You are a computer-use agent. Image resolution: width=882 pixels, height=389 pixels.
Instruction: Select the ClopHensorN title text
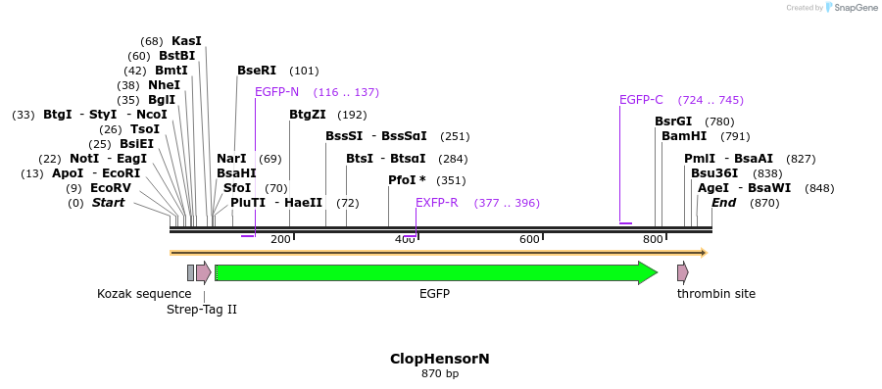click(440, 359)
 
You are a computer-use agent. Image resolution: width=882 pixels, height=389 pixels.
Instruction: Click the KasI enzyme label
click(186, 41)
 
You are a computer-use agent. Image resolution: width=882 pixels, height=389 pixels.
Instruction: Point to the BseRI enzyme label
click(257, 71)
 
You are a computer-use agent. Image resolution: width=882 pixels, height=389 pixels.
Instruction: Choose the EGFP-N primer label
click(276, 92)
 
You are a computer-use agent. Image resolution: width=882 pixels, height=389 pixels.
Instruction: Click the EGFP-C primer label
click(641, 100)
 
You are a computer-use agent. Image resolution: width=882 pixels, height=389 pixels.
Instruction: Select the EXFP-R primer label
click(436, 203)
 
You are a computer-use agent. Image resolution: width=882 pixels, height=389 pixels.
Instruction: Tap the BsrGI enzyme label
click(673, 122)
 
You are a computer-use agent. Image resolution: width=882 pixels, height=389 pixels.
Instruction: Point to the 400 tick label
click(404, 240)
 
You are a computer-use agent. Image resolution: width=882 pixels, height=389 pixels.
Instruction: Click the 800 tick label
click(653, 240)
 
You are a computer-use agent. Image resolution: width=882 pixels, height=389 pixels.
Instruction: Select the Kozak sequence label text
click(144, 294)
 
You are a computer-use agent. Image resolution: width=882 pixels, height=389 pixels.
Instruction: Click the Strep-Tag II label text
click(202, 310)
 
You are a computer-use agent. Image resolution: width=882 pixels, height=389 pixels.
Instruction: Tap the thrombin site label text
click(716, 294)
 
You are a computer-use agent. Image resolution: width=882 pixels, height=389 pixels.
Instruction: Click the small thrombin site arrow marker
click(682, 272)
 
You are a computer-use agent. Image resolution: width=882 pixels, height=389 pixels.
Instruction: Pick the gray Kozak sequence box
click(190, 272)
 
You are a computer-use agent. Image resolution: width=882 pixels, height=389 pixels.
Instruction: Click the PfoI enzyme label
click(402, 180)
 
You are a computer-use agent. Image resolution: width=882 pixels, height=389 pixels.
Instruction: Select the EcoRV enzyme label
click(110, 188)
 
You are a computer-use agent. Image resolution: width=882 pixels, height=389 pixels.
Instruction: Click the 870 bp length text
click(440, 374)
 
